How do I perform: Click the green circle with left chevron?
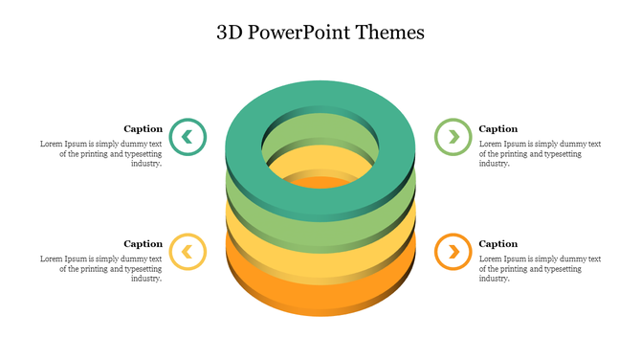coord(188,137)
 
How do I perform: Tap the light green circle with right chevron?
coord(453,137)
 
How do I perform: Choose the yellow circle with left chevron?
coord(188,252)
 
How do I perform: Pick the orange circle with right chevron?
coord(453,252)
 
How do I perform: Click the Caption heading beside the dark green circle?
coord(144,128)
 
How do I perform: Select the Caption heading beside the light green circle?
coord(497,128)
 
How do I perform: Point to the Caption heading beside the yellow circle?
coord(144,243)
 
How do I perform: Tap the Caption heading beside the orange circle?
coord(497,243)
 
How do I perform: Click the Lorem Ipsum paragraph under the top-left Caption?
coord(100,153)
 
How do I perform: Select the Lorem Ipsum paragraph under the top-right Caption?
coord(540,153)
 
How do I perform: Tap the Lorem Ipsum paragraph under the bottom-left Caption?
coord(100,268)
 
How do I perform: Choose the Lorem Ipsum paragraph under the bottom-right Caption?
coord(540,268)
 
